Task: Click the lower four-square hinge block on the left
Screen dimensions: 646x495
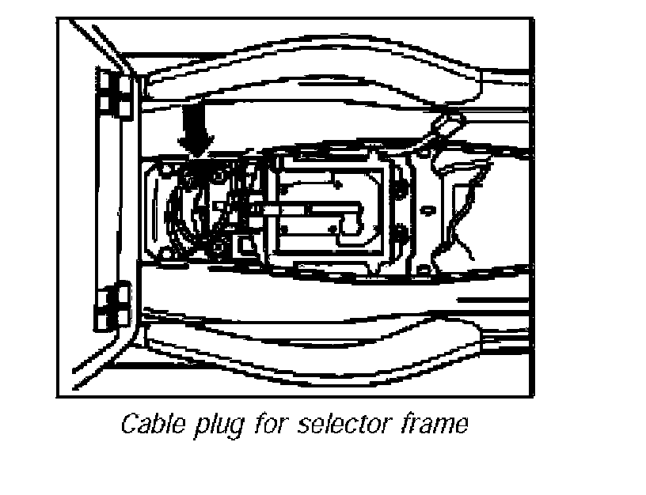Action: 114,306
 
